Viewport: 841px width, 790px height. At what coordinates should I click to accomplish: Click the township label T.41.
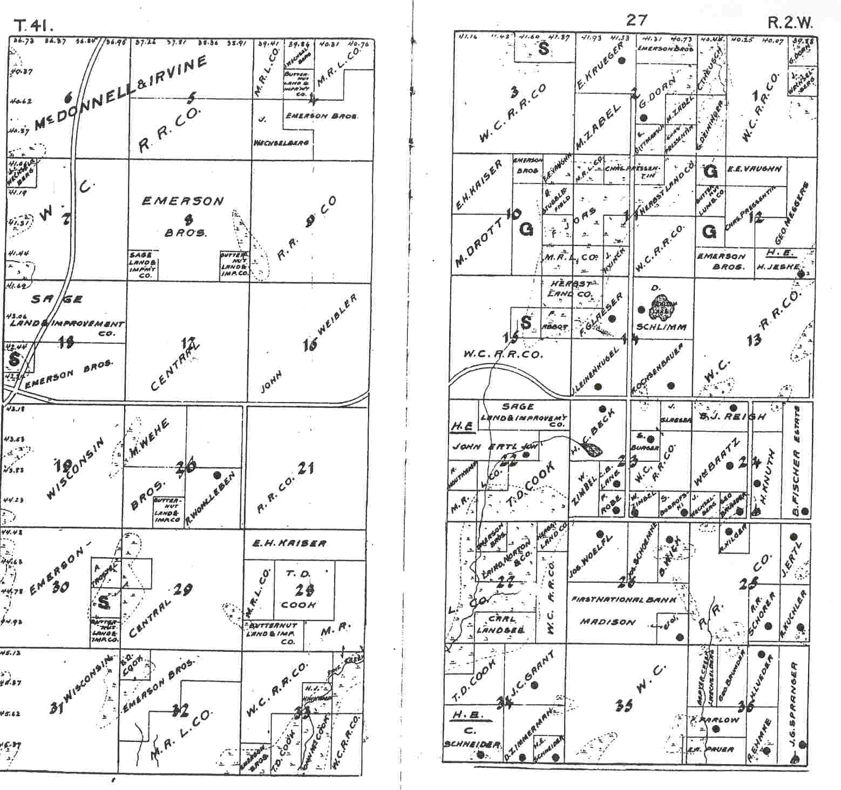point(31,25)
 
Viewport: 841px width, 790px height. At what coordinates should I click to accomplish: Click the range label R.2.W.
point(790,24)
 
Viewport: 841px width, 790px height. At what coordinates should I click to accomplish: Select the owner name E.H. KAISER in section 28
point(290,543)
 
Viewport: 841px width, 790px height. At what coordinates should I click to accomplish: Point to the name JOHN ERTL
point(486,447)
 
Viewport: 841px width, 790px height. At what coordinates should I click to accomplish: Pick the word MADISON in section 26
point(600,622)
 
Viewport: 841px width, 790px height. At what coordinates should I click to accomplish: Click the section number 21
point(305,468)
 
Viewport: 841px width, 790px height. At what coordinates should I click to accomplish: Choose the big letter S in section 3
point(543,49)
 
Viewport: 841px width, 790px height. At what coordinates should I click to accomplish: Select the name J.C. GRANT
point(524,675)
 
